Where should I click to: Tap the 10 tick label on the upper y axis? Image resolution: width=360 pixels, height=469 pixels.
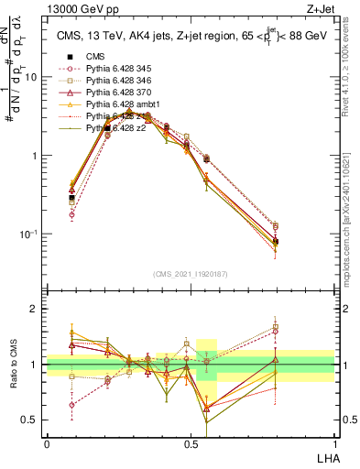tap(32, 77)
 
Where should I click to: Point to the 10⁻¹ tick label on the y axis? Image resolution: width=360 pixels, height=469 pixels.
tap(29, 234)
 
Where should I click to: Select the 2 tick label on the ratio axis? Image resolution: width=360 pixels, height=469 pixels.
tap(37, 309)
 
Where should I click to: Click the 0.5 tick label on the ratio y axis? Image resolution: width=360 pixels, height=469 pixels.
tap(32, 420)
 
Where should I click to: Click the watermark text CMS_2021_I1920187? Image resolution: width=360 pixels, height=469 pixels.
tap(191, 274)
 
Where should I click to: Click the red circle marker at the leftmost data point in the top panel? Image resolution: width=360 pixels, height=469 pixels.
tap(71, 214)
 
